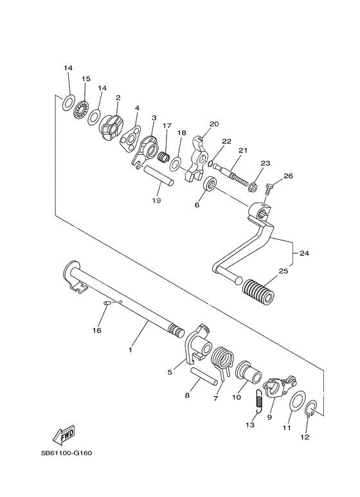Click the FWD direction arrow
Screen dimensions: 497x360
point(66,437)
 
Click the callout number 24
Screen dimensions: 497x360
point(303,253)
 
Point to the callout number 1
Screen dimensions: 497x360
point(130,350)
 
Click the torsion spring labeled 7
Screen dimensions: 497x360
point(222,359)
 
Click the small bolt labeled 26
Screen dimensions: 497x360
point(269,186)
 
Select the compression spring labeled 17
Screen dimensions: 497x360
point(164,156)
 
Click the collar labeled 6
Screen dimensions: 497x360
point(210,188)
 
